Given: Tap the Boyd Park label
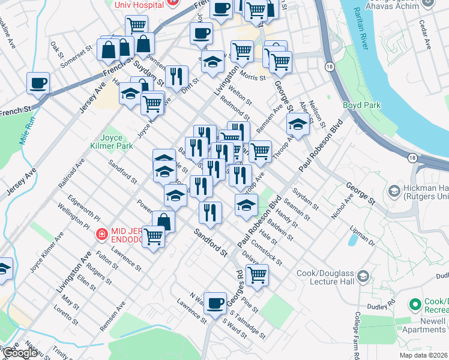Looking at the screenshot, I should click(x=361, y=106).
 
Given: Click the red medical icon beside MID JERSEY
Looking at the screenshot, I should click(x=103, y=233).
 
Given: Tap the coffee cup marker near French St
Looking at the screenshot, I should click(x=38, y=83).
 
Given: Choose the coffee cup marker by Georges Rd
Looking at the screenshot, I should click(x=215, y=303).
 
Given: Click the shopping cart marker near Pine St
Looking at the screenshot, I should click(x=257, y=275).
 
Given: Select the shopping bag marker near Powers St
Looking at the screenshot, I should click(x=163, y=221).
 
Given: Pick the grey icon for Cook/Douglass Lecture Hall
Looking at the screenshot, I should click(x=363, y=275).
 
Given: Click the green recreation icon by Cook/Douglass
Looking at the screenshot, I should click(x=414, y=305).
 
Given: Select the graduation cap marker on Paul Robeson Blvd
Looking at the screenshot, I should click(x=246, y=205).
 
